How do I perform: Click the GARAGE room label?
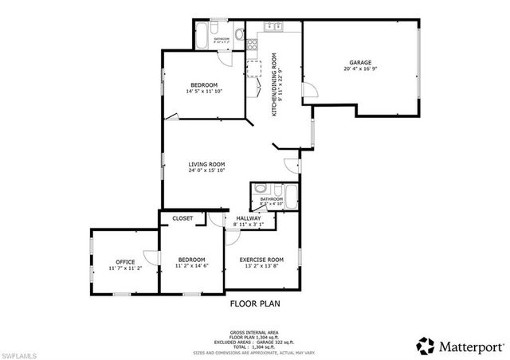pyautogui.click(x=359, y=62)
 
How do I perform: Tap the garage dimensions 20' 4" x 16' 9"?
pyautogui.click(x=359, y=69)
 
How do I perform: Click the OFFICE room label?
pyautogui.click(x=124, y=262)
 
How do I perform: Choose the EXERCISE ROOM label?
pyautogui.click(x=263, y=260)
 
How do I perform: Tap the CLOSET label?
pyautogui.click(x=182, y=217)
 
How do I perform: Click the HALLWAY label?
pyautogui.click(x=242, y=217)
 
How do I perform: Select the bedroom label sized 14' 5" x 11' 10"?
pyautogui.click(x=204, y=85)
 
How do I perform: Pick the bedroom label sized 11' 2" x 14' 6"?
pyautogui.click(x=191, y=260)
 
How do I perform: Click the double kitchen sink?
pyautogui.click(x=273, y=27)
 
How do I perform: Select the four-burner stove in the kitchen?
pyautogui.click(x=254, y=67)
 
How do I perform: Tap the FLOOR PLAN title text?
pyautogui.click(x=255, y=303)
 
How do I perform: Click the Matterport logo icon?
pyautogui.click(x=426, y=345)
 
